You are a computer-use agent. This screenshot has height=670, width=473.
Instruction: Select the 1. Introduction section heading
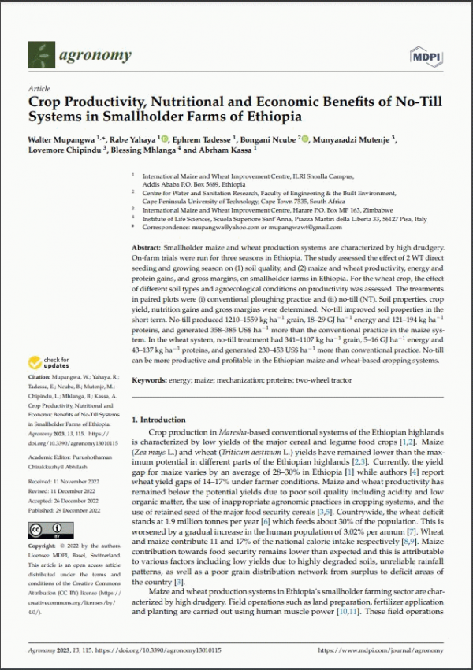point(162,419)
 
